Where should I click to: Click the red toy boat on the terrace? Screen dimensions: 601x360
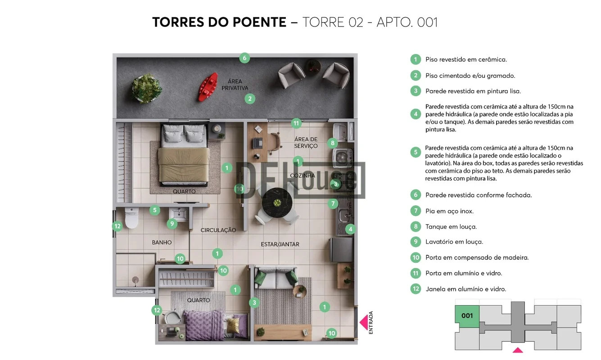[x=208, y=87]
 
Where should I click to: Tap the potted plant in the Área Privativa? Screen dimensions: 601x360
[x=146, y=89]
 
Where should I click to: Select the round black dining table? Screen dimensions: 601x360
[x=277, y=202]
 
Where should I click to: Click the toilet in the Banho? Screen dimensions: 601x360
[x=131, y=217]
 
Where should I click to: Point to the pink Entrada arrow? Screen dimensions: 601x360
[x=364, y=323]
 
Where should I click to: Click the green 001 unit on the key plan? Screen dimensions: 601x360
[x=467, y=316]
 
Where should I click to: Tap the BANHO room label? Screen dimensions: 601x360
[x=162, y=243]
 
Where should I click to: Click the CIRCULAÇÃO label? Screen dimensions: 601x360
[x=218, y=230]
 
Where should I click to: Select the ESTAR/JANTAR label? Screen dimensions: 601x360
[x=280, y=244]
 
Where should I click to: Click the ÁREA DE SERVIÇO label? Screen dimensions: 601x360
[x=306, y=143]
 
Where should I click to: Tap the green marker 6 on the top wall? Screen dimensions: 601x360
[x=244, y=58]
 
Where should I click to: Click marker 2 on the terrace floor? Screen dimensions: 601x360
[x=250, y=99]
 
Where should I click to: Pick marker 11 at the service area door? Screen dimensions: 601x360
[x=296, y=123]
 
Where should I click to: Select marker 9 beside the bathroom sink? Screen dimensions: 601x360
[x=172, y=224]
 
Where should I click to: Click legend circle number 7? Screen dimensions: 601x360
[x=416, y=211]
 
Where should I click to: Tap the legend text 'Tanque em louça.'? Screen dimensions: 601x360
[x=451, y=227]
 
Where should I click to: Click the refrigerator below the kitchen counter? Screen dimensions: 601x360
[x=342, y=250]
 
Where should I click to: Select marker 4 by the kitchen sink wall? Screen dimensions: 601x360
[x=350, y=229]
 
